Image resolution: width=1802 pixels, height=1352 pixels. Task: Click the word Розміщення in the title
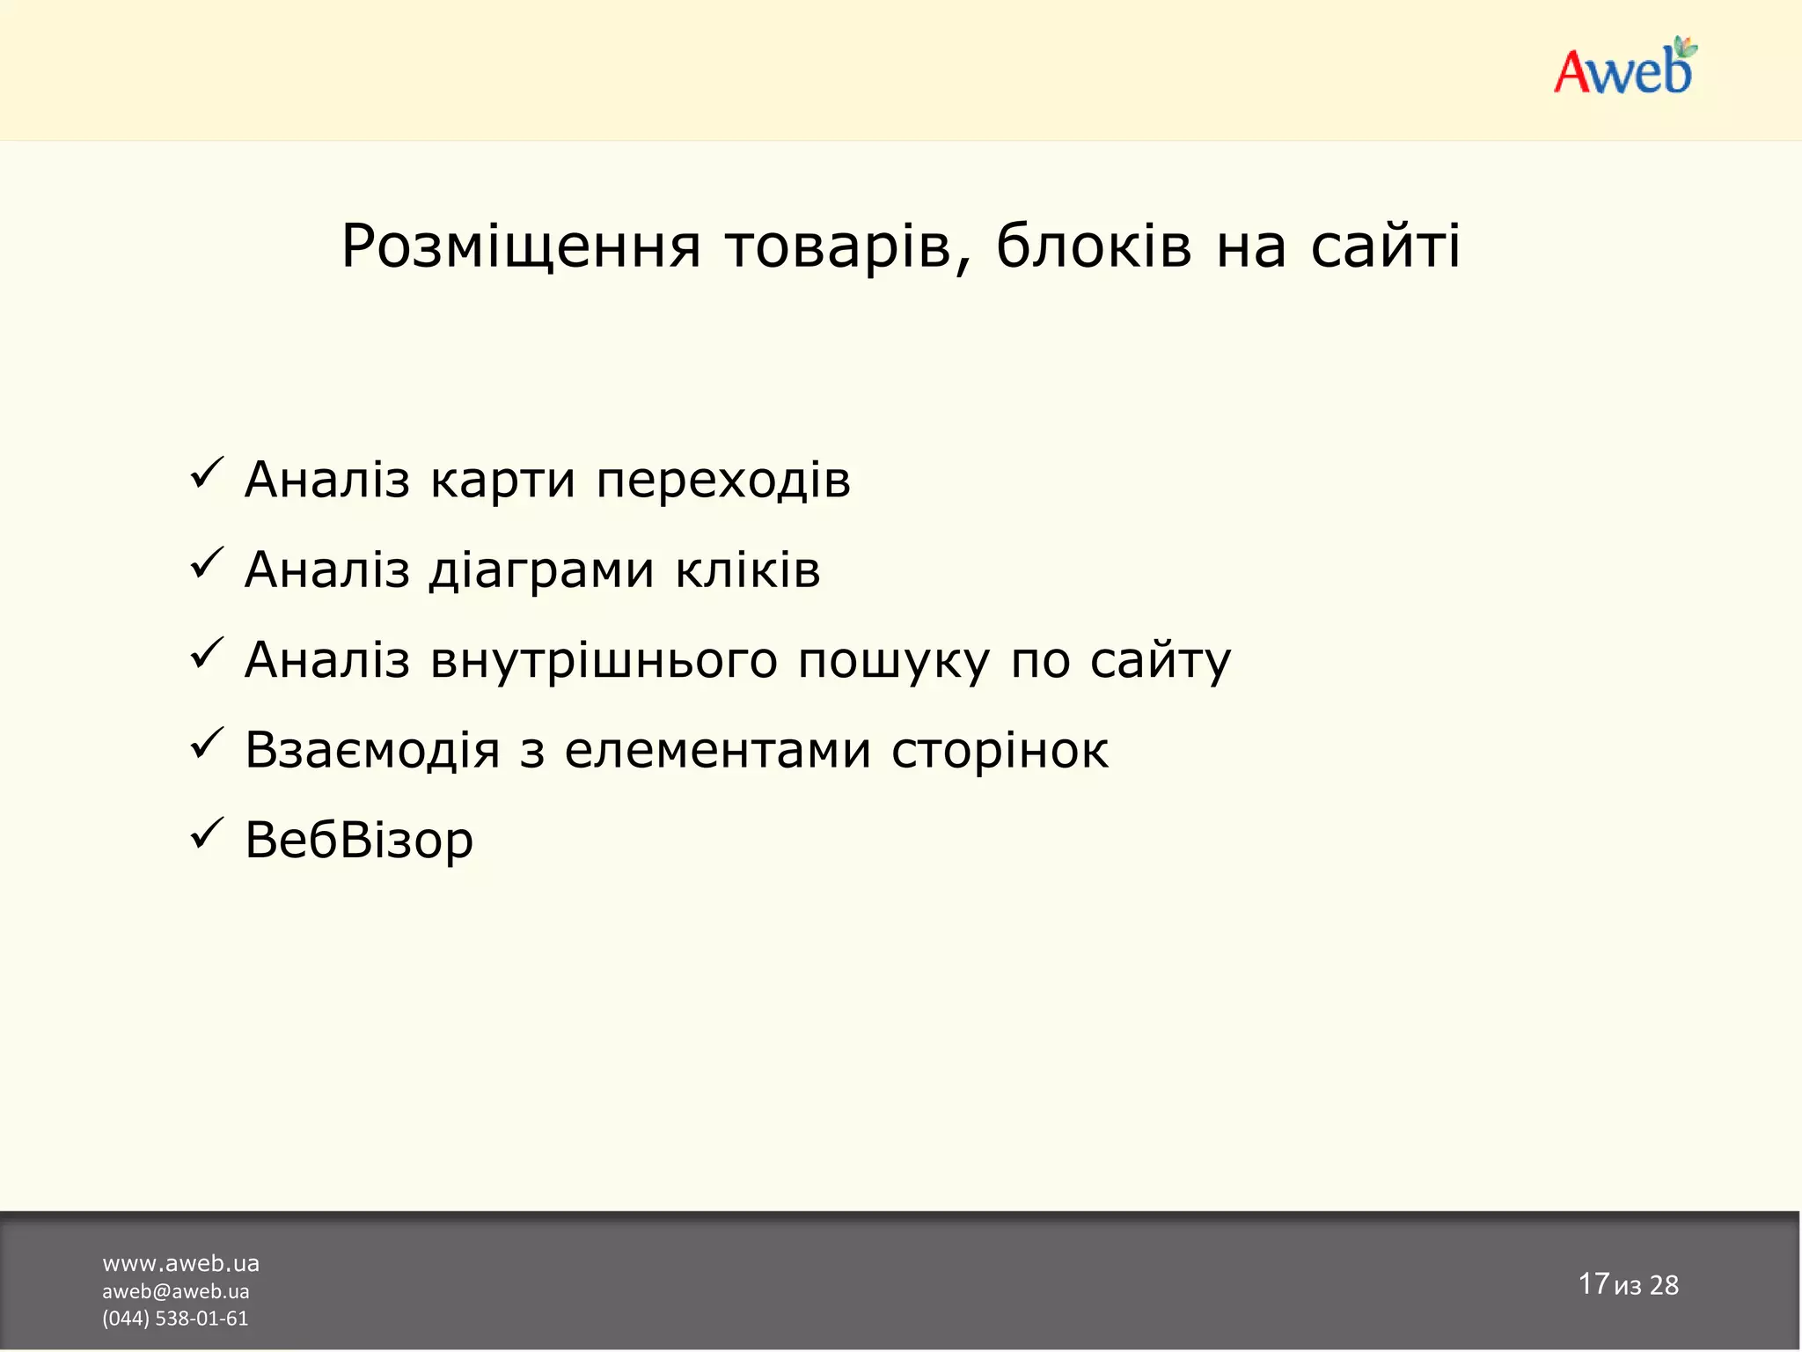tap(521, 246)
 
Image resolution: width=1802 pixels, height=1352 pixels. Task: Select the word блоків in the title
tap(1094, 246)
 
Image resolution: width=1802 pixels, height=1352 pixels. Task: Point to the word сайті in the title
tap(1385, 246)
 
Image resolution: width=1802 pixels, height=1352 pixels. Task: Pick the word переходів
tap(723, 481)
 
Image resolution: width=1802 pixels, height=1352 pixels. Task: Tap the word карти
tap(502, 481)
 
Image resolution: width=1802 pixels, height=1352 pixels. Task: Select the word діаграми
tap(541, 569)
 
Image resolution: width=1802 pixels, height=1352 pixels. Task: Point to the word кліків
tap(748, 569)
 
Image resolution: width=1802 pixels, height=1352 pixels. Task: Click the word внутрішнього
tap(604, 661)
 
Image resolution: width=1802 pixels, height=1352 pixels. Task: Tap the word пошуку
tap(894, 661)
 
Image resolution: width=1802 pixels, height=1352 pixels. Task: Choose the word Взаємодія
tap(372, 751)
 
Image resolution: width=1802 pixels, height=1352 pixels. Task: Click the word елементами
tap(718, 751)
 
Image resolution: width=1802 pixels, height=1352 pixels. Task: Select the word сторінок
tap(1000, 751)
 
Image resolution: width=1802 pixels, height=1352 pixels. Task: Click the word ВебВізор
tap(359, 841)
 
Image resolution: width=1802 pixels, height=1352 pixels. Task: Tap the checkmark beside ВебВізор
tap(208, 834)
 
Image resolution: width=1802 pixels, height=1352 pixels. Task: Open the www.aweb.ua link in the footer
tap(180, 1264)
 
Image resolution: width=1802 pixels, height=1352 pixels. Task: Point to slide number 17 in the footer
tap(1593, 1283)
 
